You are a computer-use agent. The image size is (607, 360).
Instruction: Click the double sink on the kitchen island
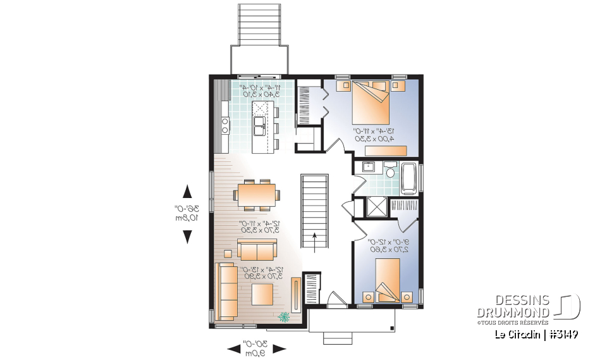[259, 126]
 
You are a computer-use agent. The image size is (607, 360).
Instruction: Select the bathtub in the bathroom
[409, 178]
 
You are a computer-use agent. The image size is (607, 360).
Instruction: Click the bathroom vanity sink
[370, 168]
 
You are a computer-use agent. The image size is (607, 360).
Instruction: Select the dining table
[256, 193]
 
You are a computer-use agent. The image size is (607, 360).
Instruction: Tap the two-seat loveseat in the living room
[256, 251]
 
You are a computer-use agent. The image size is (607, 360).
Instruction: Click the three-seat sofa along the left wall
[226, 291]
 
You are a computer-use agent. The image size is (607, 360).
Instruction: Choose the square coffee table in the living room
[262, 294]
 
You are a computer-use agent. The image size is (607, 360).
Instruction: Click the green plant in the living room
[284, 316]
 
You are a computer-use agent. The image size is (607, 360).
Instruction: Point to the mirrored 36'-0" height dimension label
[187, 213]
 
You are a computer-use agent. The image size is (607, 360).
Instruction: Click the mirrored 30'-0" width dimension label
[256, 348]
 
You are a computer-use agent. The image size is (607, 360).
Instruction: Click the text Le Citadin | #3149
[536, 335]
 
